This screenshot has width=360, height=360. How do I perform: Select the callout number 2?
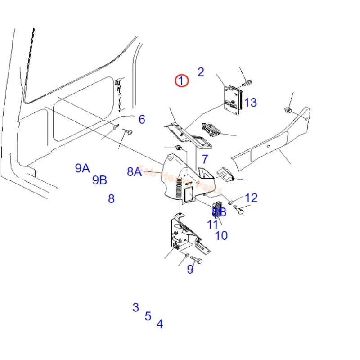coord(201,72)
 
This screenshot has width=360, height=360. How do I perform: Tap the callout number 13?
coord(250,103)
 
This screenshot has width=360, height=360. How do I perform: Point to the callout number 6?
coord(142,119)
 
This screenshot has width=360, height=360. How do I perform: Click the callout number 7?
coord(205,159)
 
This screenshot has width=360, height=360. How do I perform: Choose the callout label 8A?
coord(135,171)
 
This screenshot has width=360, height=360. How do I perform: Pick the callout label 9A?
coord(82,168)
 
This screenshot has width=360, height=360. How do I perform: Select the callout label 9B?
coord(99,180)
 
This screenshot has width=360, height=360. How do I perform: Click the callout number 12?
coord(251,198)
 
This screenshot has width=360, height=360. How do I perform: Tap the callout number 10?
coord(221,235)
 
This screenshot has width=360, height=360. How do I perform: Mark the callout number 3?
coord(135,307)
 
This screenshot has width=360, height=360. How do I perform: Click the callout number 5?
coord(148,316)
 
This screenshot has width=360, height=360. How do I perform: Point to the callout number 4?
coord(160,324)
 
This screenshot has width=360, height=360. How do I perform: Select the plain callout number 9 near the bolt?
coord(190,270)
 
